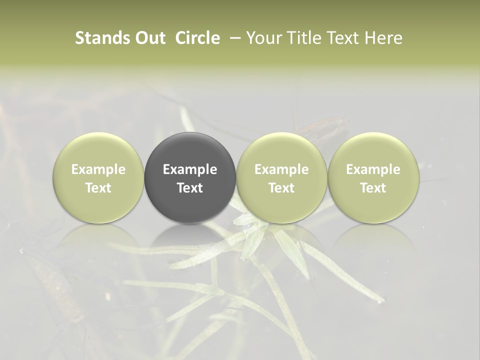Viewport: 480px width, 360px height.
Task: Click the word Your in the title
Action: [264, 38]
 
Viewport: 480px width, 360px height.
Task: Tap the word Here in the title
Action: [383, 38]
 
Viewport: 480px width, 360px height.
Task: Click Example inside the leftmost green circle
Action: [98, 169]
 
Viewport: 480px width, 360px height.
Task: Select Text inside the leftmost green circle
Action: [98, 188]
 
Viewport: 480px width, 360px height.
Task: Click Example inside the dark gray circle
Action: [190, 169]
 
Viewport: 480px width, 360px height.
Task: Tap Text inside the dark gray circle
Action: [190, 188]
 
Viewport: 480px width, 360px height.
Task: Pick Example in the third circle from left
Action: [281, 169]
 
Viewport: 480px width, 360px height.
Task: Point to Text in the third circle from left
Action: [281, 188]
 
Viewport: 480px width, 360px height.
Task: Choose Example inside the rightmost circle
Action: [373, 169]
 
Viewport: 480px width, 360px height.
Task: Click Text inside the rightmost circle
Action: [373, 188]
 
